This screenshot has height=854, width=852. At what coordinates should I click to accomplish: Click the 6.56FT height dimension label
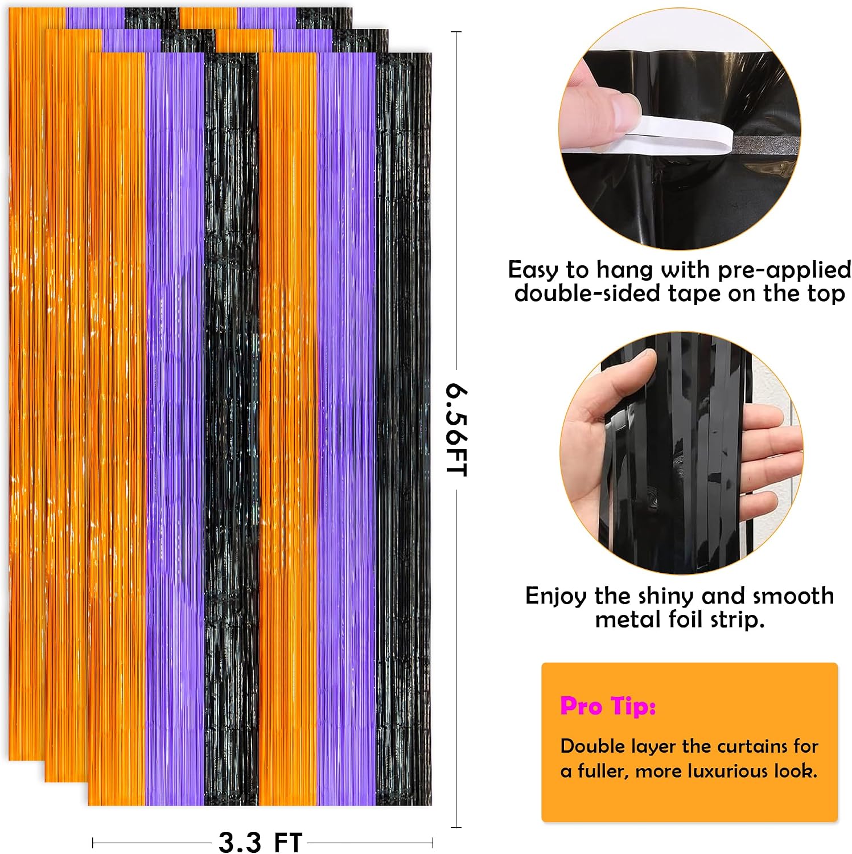(456, 430)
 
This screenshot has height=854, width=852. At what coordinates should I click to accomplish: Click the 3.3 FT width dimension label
(261, 841)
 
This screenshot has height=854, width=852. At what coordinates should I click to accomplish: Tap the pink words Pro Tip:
(607, 706)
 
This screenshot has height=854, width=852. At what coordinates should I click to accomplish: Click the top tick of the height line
(456, 32)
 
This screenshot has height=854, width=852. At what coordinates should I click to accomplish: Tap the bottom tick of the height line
(456, 827)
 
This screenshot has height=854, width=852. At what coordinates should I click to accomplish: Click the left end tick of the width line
(93, 842)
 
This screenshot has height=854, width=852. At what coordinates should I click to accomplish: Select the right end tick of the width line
(433, 842)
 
